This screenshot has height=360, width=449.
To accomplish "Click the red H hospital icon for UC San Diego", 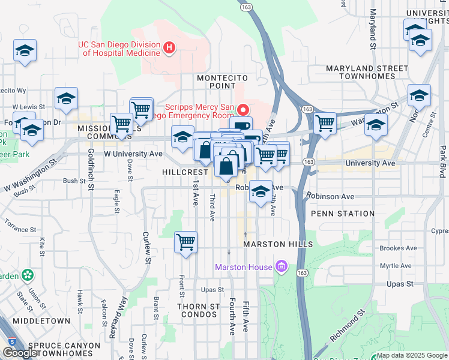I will [170, 47].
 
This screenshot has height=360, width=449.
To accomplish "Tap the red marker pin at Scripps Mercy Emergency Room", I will [243, 110].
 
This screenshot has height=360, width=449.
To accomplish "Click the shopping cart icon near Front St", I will [185, 242].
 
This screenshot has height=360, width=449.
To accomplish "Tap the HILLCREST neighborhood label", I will [185, 172].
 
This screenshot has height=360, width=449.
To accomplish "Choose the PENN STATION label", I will [343, 214].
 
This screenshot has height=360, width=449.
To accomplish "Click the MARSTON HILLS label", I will [278, 244].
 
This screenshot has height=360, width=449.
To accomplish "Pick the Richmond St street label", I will [348, 327].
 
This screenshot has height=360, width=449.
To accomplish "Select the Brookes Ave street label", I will [398, 248].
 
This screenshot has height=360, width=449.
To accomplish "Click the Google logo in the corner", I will [20, 353].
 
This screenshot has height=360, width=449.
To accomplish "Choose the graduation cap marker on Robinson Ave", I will [261, 192].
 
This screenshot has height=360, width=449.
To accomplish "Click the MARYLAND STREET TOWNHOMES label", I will [360, 72].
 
